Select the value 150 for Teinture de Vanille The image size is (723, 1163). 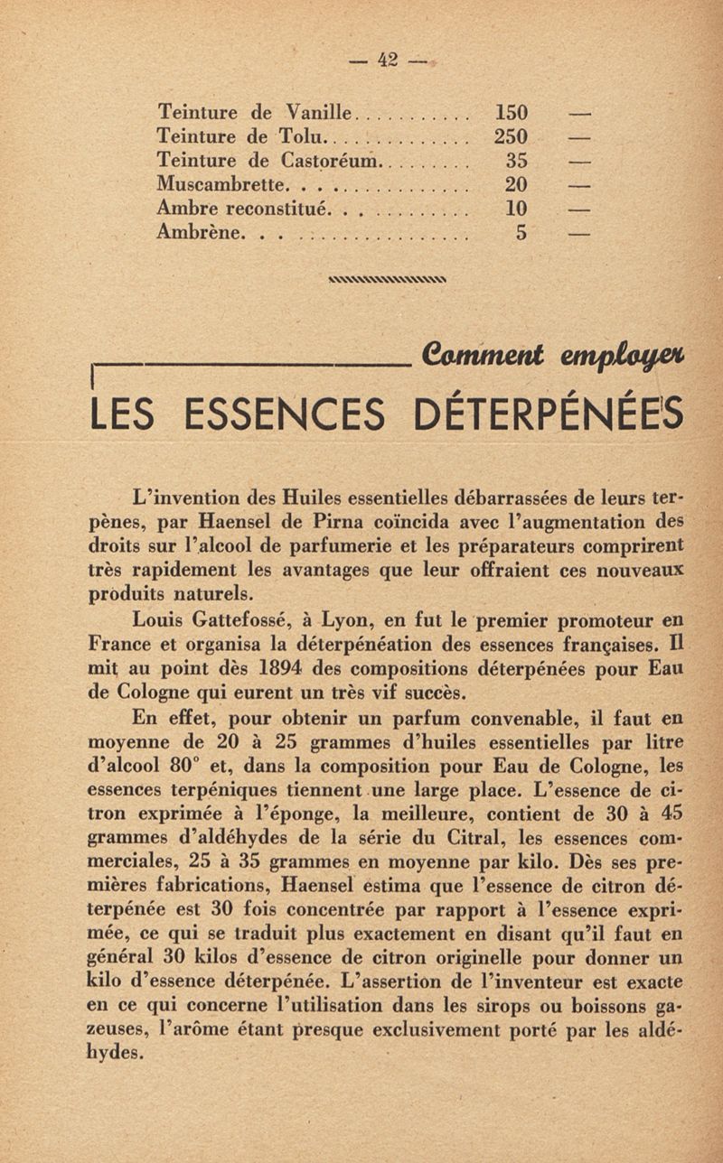tap(512, 114)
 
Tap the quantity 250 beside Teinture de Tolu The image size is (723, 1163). tap(512, 137)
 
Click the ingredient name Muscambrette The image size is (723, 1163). tap(221, 185)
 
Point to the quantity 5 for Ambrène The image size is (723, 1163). tap(521, 232)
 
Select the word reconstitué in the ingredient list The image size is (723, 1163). tap(277, 209)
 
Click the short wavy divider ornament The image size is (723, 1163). tap(390, 279)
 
